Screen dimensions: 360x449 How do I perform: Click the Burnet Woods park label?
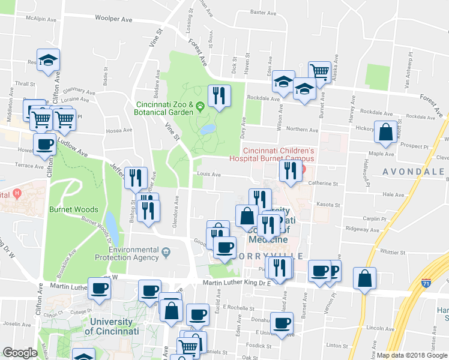click(x=73, y=211)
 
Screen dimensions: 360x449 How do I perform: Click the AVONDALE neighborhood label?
click(x=415, y=172)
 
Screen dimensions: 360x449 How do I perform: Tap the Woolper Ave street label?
click(x=113, y=19)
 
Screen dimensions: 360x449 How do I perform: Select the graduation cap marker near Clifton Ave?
click(x=49, y=60)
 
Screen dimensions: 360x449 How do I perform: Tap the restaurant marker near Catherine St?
click(x=291, y=170)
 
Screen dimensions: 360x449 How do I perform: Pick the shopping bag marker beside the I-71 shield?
click(x=365, y=278)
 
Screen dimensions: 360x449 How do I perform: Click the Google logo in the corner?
click(x=20, y=353)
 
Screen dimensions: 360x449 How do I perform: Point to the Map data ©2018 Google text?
click(x=412, y=355)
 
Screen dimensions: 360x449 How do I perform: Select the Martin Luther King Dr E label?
click(x=237, y=283)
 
